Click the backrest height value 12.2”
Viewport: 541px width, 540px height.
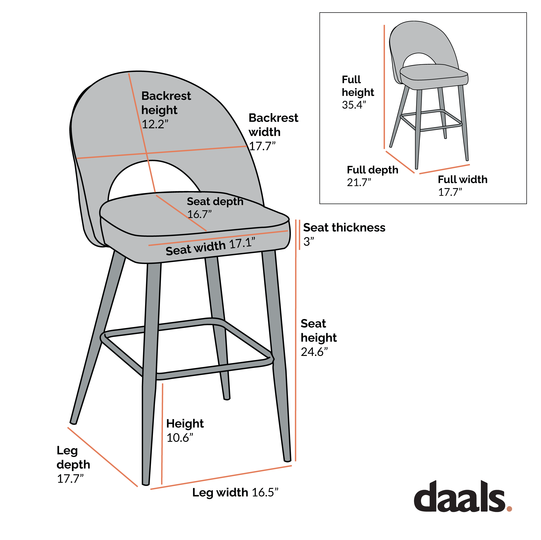click(155, 124)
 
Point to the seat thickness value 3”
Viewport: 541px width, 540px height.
click(309, 241)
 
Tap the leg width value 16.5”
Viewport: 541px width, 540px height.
click(265, 492)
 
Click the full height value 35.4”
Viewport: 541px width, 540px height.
click(354, 105)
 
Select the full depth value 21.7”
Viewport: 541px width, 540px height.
click(359, 182)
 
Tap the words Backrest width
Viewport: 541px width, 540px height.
click(273, 125)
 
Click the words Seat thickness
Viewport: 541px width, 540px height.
click(344, 227)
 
